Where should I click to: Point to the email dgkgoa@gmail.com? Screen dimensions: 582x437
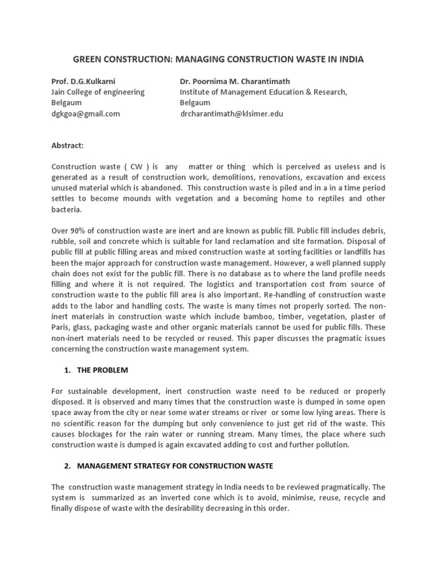tap(85, 114)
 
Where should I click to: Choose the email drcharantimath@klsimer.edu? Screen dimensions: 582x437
tap(232, 114)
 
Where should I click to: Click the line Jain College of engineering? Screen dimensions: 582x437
tap(98, 92)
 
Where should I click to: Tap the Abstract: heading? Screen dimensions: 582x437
tap(67, 145)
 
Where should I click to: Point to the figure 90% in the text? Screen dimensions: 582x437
tap(78, 231)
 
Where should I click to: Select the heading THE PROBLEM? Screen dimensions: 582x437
tap(102, 370)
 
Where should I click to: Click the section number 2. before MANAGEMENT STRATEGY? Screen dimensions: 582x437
tap(67, 466)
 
